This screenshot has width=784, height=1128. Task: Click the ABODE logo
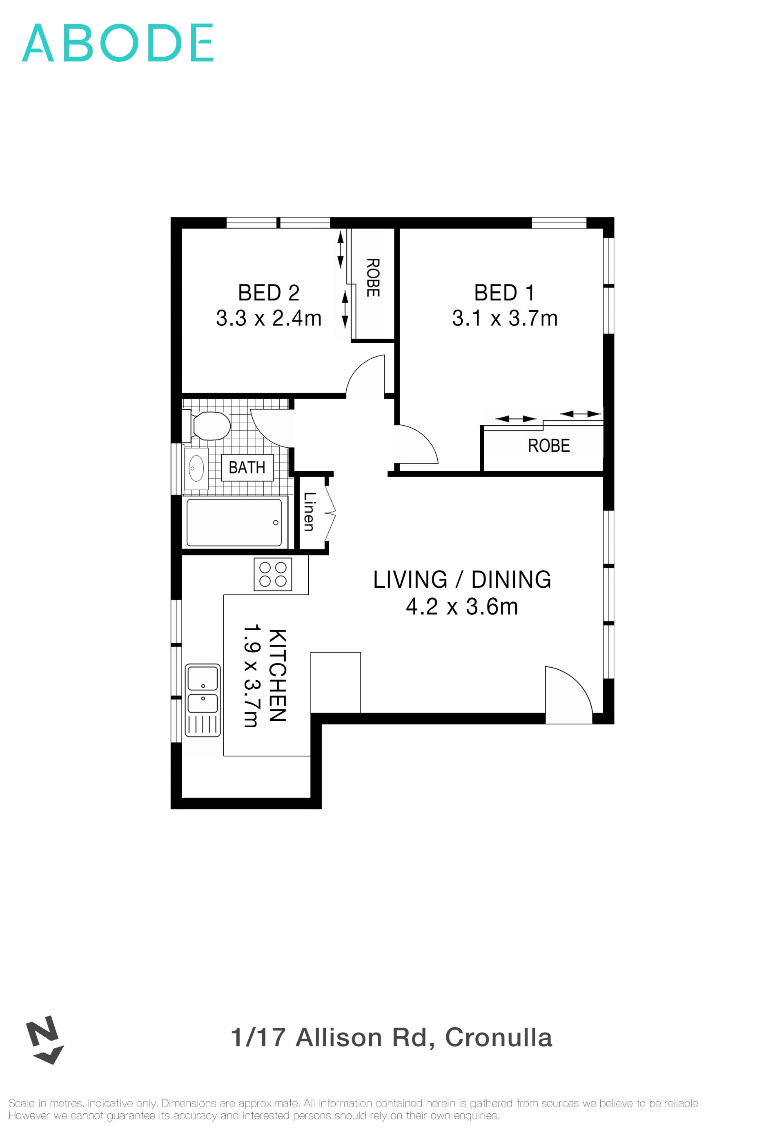pyautogui.click(x=118, y=43)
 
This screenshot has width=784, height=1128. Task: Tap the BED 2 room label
pyautogui.click(x=268, y=293)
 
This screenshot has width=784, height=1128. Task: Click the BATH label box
pyautogui.click(x=247, y=467)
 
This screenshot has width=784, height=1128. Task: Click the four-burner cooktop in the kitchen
pyautogui.click(x=273, y=574)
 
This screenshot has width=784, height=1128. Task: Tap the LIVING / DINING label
pyautogui.click(x=462, y=580)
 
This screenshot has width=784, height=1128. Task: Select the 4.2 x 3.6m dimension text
pyautogui.click(x=462, y=607)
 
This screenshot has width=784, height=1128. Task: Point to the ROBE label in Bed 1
pyautogui.click(x=549, y=446)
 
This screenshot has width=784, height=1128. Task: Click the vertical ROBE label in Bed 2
pyautogui.click(x=373, y=278)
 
